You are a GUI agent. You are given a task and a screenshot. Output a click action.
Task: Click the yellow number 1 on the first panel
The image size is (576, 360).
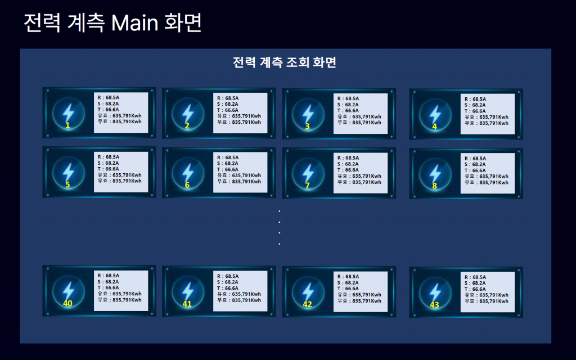pos(67,125)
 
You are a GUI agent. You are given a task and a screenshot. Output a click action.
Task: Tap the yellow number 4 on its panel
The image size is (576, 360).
pos(434,127)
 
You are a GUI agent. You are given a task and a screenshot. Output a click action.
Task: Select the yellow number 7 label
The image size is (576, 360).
pos(307,186)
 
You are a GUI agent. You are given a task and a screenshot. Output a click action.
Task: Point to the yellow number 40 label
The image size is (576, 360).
pos(68,303)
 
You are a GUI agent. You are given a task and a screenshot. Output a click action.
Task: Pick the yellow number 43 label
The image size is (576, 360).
pos(434,305)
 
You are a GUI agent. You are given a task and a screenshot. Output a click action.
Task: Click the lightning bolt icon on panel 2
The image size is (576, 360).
pos(187,112)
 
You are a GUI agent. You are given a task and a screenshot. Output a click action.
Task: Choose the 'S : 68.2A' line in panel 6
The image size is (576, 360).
pos(227,163)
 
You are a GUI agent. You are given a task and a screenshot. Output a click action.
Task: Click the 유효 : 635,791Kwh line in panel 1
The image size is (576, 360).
pos(119,115)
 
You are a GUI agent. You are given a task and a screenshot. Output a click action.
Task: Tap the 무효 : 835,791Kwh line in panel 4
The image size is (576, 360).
pos(486,123)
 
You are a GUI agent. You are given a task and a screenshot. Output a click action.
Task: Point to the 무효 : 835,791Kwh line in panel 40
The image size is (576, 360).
pos(119,300)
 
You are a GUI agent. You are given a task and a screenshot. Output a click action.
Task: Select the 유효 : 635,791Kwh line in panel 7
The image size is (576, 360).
pos(359,176)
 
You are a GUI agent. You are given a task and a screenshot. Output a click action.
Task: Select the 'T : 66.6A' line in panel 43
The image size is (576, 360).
pos(475,289)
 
